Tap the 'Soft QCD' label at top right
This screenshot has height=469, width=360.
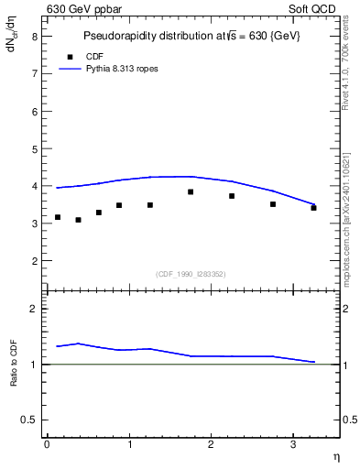(x=312, y=8)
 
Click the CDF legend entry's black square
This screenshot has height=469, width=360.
(x=69, y=56)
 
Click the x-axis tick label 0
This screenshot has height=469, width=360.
(x=47, y=444)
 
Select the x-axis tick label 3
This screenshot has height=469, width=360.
(x=292, y=444)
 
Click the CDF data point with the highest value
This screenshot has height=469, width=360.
(x=191, y=191)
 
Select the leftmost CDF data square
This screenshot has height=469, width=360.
(x=58, y=217)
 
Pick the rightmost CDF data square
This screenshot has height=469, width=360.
(x=313, y=208)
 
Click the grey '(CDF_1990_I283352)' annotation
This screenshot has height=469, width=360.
(x=191, y=273)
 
